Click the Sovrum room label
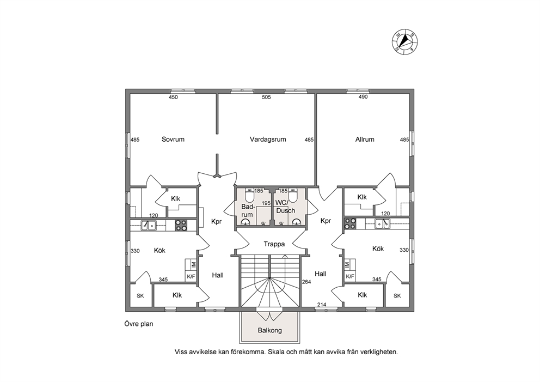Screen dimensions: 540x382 click(173, 140)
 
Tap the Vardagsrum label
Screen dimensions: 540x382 click(268, 140)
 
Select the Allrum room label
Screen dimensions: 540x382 click(365, 140)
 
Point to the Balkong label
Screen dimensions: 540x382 click(270, 330)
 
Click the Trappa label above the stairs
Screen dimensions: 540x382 click(274, 244)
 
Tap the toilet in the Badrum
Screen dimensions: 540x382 click(249, 195)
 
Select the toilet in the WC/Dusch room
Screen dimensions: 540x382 click(293, 195)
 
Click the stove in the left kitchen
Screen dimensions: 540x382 click(181, 225)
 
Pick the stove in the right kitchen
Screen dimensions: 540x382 click(350, 223)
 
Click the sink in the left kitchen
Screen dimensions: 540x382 click(149, 225)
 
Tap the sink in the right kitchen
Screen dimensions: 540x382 click(382, 223)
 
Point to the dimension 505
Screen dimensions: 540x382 click(266, 97)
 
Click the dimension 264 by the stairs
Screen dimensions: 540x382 click(306, 282)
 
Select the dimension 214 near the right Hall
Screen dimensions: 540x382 click(321, 305)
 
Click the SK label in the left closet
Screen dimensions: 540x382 click(140, 296)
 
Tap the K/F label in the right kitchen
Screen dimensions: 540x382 click(350, 276)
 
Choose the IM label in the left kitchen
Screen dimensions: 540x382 click(193, 264)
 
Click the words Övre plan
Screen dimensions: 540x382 click(139, 324)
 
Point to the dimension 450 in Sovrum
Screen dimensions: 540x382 click(173, 97)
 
